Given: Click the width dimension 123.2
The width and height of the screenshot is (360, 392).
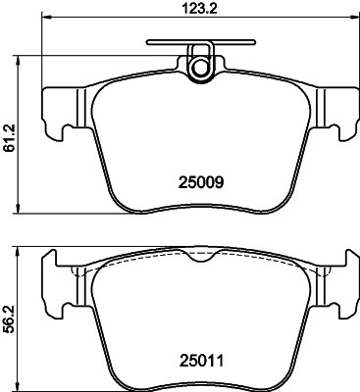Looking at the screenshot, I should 196,10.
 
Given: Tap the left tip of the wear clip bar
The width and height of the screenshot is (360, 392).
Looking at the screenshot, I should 147,43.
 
